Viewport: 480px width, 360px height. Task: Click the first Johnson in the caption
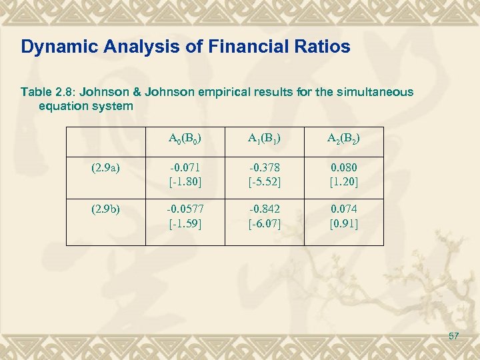(101, 92)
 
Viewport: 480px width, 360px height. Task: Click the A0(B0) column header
(186, 139)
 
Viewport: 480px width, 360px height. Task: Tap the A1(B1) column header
(265, 139)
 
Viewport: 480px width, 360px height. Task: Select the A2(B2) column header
(343, 139)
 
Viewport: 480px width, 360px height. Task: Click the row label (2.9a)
(106, 169)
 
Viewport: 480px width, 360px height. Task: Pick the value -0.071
(185, 169)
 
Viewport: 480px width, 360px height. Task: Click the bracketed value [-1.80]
(185, 181)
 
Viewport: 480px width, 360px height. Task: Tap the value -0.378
(265, 169)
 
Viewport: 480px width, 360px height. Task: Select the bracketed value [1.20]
(344, 181)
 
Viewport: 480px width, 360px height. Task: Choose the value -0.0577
(185, 211)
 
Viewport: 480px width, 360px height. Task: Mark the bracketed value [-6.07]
(265, 224)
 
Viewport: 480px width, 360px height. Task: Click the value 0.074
(344, 211)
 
